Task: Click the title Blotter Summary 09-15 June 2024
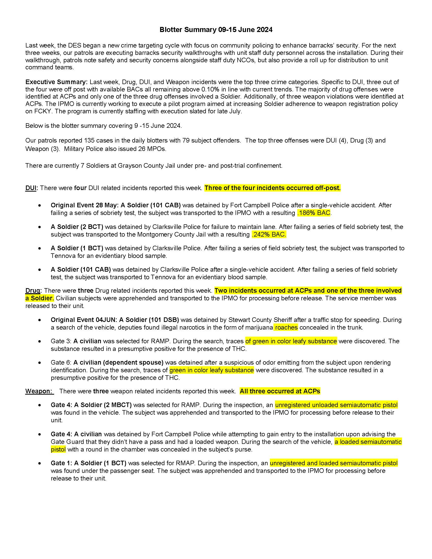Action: [216, 30]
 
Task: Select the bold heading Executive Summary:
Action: [56, 82]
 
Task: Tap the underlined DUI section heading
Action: [31, 188]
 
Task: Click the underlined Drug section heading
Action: [33, 291]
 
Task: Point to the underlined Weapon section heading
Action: [39, 391]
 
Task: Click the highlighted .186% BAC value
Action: [314, 213]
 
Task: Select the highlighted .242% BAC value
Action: [269, 235]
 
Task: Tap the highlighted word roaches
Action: [286, 328]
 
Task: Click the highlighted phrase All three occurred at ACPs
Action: [280, 391]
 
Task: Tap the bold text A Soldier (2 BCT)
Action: [77, 227]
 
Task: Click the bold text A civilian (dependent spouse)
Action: [118, 363]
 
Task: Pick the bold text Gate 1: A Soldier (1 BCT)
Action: [88, 463]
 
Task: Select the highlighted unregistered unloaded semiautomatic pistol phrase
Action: [336, 405]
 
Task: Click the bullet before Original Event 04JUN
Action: [39, 320]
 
